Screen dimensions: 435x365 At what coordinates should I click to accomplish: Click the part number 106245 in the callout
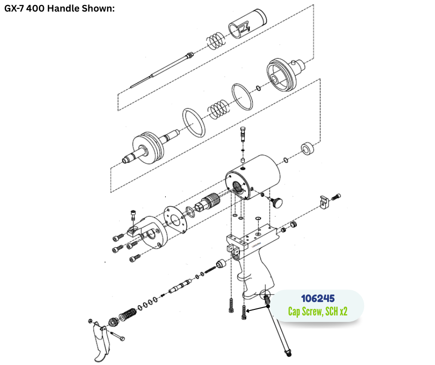[317, 298]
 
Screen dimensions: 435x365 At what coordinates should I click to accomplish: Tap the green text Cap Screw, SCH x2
[317, 311]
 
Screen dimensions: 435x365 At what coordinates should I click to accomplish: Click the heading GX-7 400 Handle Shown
[59, 8]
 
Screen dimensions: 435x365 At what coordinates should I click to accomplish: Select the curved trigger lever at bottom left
[100, 342]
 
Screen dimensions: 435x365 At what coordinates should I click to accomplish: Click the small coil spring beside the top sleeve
[216, 40]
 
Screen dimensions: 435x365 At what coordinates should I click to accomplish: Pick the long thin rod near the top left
[162, 70]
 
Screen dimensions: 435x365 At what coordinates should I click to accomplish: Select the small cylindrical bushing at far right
[308, 149]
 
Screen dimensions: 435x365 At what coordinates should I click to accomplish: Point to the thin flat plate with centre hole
[175, 220]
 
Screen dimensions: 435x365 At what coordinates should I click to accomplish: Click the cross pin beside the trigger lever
[118, 335]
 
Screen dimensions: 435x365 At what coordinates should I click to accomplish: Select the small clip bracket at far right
[324, 202]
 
